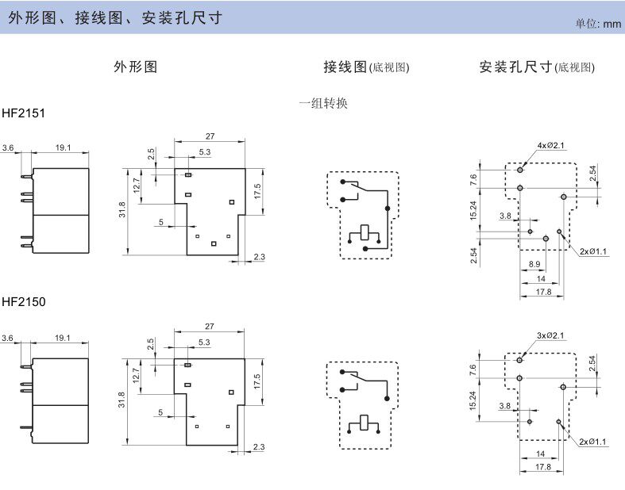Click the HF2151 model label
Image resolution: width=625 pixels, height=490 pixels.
pos(24,113)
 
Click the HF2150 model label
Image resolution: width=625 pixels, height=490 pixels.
pos(24,302)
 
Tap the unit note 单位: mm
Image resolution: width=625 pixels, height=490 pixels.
pos(598,24)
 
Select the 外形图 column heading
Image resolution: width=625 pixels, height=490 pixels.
pos(136,67)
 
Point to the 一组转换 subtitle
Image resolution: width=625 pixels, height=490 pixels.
pos(323,104)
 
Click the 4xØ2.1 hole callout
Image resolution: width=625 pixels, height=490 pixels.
pos(551,145)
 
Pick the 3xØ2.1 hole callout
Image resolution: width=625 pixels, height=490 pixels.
pos(550,335)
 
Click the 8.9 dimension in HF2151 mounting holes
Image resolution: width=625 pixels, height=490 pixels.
pos(534,264)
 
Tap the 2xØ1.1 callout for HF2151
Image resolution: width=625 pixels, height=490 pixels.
pos(593,251)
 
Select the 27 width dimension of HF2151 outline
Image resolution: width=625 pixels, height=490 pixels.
pos(210,136)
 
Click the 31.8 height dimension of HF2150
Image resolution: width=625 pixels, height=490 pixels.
pos(122,400)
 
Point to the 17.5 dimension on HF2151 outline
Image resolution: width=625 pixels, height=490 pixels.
pos(257,191)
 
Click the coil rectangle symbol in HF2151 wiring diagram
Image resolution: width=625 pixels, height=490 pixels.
pos(365,232)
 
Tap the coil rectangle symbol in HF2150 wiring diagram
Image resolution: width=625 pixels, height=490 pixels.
pos(364,423)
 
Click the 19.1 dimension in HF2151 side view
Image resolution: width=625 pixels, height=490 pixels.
pos(63,147)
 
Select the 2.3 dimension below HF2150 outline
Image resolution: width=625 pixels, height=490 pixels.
pos(259,447)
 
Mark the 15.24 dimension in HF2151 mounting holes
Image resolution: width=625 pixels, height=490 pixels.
pos(473,211)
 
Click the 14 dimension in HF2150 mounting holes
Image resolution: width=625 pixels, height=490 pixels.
pos(541,454)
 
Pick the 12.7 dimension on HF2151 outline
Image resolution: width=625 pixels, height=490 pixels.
pos(137,186)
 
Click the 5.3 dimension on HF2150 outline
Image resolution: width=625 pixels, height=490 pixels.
pos(204,343)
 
